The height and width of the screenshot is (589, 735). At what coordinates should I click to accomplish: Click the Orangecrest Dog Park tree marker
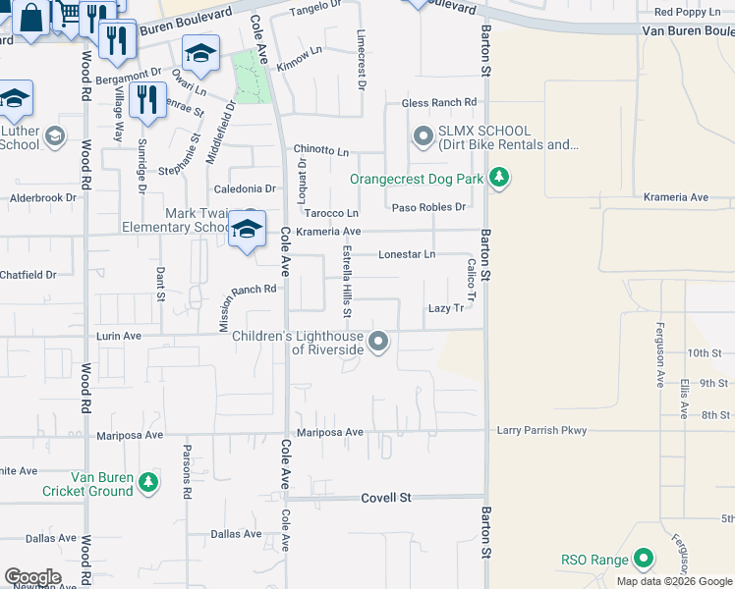tap(500, 178)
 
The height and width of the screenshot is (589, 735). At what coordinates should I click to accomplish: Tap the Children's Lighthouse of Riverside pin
tap(378, 342)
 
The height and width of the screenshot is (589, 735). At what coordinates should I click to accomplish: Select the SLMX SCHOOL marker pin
tap(424, 136)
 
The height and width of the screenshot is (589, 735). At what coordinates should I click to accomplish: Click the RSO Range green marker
tap(644, 560)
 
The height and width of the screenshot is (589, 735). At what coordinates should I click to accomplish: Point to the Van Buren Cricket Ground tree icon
tap(147, 482)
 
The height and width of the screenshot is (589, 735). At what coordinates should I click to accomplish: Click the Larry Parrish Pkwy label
tap(540, 430)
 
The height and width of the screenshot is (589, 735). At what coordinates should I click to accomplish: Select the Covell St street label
tap(385, 498)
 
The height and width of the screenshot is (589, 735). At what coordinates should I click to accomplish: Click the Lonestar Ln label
tap(407, 254)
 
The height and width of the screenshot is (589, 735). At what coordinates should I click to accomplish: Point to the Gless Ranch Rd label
tap(438, 103)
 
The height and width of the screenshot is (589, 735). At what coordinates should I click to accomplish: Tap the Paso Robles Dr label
tap(428, 207)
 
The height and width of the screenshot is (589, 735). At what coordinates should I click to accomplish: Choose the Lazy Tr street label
tap(445, 308)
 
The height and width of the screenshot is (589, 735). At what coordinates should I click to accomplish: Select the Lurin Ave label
tap(119, 336)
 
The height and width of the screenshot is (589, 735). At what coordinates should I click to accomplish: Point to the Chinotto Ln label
tap(321, 151)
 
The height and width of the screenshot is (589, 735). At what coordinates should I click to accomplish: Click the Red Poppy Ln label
tap(687, 12)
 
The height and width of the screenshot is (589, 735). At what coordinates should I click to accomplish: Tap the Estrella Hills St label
tap(347, 282)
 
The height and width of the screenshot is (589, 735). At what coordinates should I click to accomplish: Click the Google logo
tap(32, 576)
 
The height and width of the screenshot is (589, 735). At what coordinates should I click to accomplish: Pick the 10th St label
tap(705, 352)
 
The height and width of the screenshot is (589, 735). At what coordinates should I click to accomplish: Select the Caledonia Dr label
tap(246, 188)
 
